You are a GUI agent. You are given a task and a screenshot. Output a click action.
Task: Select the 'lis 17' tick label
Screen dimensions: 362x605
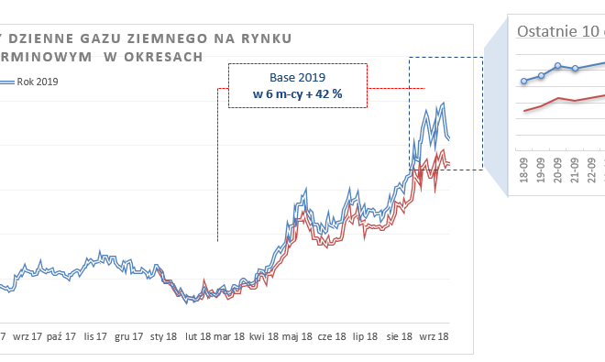click(x=95, y=337)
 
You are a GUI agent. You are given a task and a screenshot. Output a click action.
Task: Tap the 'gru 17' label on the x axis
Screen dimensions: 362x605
click(x=128, y=337)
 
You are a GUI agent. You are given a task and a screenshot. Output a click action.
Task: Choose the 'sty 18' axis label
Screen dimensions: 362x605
click(x=164, y=337)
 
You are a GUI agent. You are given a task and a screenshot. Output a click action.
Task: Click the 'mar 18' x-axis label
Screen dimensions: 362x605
click(x=230, y=337)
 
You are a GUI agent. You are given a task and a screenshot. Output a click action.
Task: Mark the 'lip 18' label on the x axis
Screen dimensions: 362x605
click(x=365, y=337)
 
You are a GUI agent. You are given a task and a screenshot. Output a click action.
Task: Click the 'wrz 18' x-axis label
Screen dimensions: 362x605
click(x=432, y=337)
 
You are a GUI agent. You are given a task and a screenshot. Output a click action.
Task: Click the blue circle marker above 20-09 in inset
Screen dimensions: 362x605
click(x=558, y=66)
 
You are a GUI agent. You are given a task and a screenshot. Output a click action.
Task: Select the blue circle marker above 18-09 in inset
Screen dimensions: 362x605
click(x=524, y=81)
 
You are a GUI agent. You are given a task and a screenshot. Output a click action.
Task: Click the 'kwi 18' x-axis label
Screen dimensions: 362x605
click(x=264, y=337)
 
